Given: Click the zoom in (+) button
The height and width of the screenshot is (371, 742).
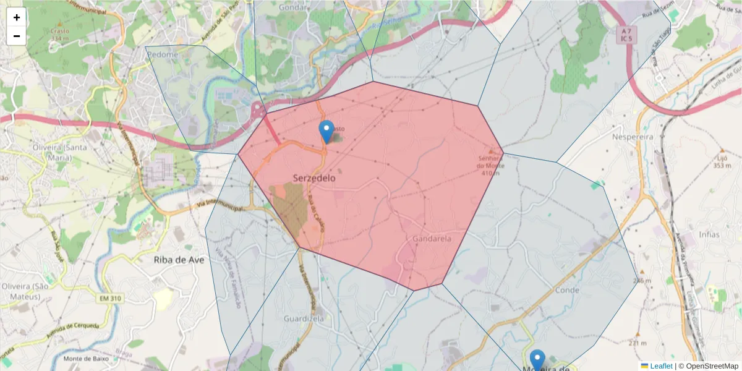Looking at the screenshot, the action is (17, 17).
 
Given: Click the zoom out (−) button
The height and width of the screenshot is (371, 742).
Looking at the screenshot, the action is (17, 36).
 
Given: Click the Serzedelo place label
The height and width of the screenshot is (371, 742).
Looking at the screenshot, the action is (314, 178).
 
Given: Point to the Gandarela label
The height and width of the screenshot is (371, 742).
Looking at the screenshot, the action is (432, 239).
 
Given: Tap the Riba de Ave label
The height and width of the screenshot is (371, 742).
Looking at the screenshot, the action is (179, 260).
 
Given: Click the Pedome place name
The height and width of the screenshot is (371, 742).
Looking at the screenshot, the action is (163, 54).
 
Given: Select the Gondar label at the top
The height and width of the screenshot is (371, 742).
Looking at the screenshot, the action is (293, 7).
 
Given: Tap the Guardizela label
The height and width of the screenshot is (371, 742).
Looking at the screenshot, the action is (304, 318).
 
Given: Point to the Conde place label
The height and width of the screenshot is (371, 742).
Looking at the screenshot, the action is (567, 290).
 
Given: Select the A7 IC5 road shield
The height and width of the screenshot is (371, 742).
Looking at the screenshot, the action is (628, 35).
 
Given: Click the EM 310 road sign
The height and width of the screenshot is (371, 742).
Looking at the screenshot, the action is (110, 299).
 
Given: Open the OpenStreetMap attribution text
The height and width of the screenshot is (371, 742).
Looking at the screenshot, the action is (712, 366).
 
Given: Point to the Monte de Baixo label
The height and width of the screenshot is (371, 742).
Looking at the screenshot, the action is (86, 359).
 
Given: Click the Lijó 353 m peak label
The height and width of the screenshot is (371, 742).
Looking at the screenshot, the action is (722, 161).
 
